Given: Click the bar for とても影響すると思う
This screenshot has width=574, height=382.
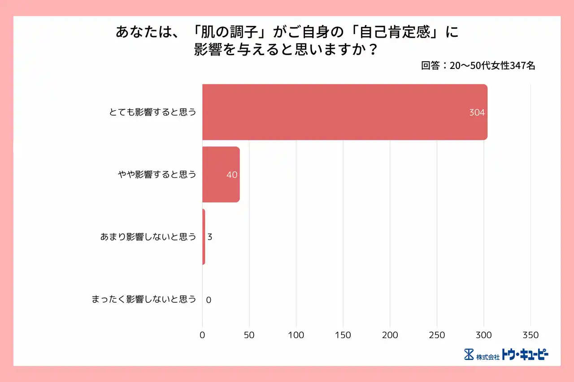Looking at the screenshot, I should [x=344, y=112].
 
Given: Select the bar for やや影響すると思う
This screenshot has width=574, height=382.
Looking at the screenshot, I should [x=221, y=174].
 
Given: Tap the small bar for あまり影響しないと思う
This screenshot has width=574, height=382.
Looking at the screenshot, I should [x=204, y=236].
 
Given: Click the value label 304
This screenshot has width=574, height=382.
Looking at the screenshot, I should [x=477, y=113].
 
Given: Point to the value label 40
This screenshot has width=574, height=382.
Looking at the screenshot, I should [x=231, y=175].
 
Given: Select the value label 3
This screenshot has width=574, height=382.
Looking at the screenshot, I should [x=209, y=237].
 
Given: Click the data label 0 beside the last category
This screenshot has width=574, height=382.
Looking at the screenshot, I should [x=209, y=300].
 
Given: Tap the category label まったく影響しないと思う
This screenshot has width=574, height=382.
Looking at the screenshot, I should [x=144, y=299].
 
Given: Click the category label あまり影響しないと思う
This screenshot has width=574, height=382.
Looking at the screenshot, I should [x=148, y=237].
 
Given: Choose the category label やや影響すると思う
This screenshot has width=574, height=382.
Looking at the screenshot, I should [x=157, y=174].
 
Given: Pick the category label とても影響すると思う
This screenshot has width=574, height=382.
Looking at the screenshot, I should [x=153, y=112].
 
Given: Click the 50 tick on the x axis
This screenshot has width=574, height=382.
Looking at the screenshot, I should [x=249, y=335].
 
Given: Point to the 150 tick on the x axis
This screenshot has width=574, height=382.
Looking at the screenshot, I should [x=343, y=335].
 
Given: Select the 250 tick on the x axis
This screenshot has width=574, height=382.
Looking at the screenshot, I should [x=437, y=335].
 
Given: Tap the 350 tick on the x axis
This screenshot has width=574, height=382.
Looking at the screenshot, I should [x=531, y=335].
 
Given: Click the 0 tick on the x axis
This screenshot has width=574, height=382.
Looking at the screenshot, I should [x=202, y=335].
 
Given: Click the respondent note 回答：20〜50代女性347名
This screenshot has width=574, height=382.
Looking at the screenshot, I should [x=478, y=66].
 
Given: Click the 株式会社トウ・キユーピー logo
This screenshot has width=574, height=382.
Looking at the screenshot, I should [x=506, y=355].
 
